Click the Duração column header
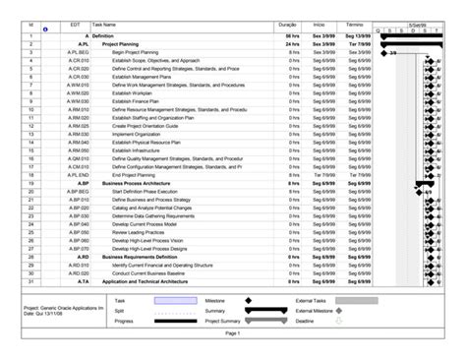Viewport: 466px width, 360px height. click(288, 23)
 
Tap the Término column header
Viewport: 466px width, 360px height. click(357, 23)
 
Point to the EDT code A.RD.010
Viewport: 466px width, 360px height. click(79, 265)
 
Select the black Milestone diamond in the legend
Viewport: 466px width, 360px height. click(247, 300)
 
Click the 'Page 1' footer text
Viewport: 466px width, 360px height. click(233, 335)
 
